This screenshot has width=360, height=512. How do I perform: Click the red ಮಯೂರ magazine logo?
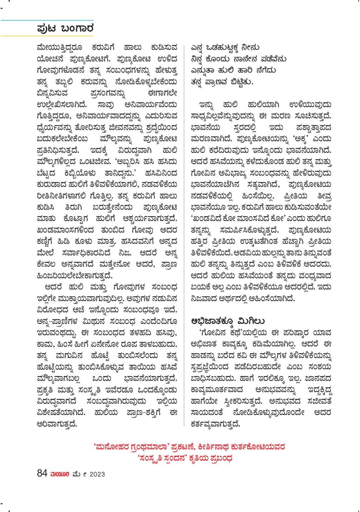pyautogui.click(x=60, y=474)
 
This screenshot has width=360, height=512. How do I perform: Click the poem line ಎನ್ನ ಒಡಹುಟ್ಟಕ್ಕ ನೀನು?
pyautogui.click(x=225, y=47)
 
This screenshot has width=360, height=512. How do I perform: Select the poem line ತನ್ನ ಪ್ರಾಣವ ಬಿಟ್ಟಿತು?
pyautogui.click(x=222, y=82)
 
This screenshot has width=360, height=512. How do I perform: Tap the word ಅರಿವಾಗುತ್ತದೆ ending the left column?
pyautogui.click(x=57, y=423)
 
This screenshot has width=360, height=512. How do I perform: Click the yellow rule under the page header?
pyautogui.click(x=47, y=36)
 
